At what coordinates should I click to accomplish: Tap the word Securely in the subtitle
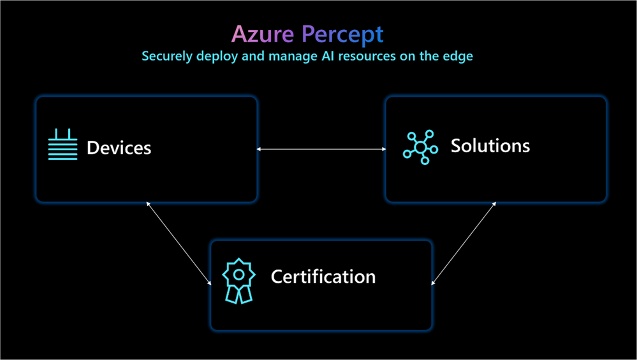coord(165,56)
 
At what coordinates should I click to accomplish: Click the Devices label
coord(119,148)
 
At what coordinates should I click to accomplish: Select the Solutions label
coord(490,146)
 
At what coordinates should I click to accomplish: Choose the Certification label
coord(323,277)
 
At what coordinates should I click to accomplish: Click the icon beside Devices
coord(62,145)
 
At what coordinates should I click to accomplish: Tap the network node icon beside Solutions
coord(420,146)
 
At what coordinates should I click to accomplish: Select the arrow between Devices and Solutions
coord(321,150)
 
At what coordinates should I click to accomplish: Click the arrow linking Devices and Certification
coord(179,242)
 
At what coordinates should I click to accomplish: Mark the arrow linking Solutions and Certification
coord(464,242)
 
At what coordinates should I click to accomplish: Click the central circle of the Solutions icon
coord(420,147)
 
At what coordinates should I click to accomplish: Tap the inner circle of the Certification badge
coord(238,274)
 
